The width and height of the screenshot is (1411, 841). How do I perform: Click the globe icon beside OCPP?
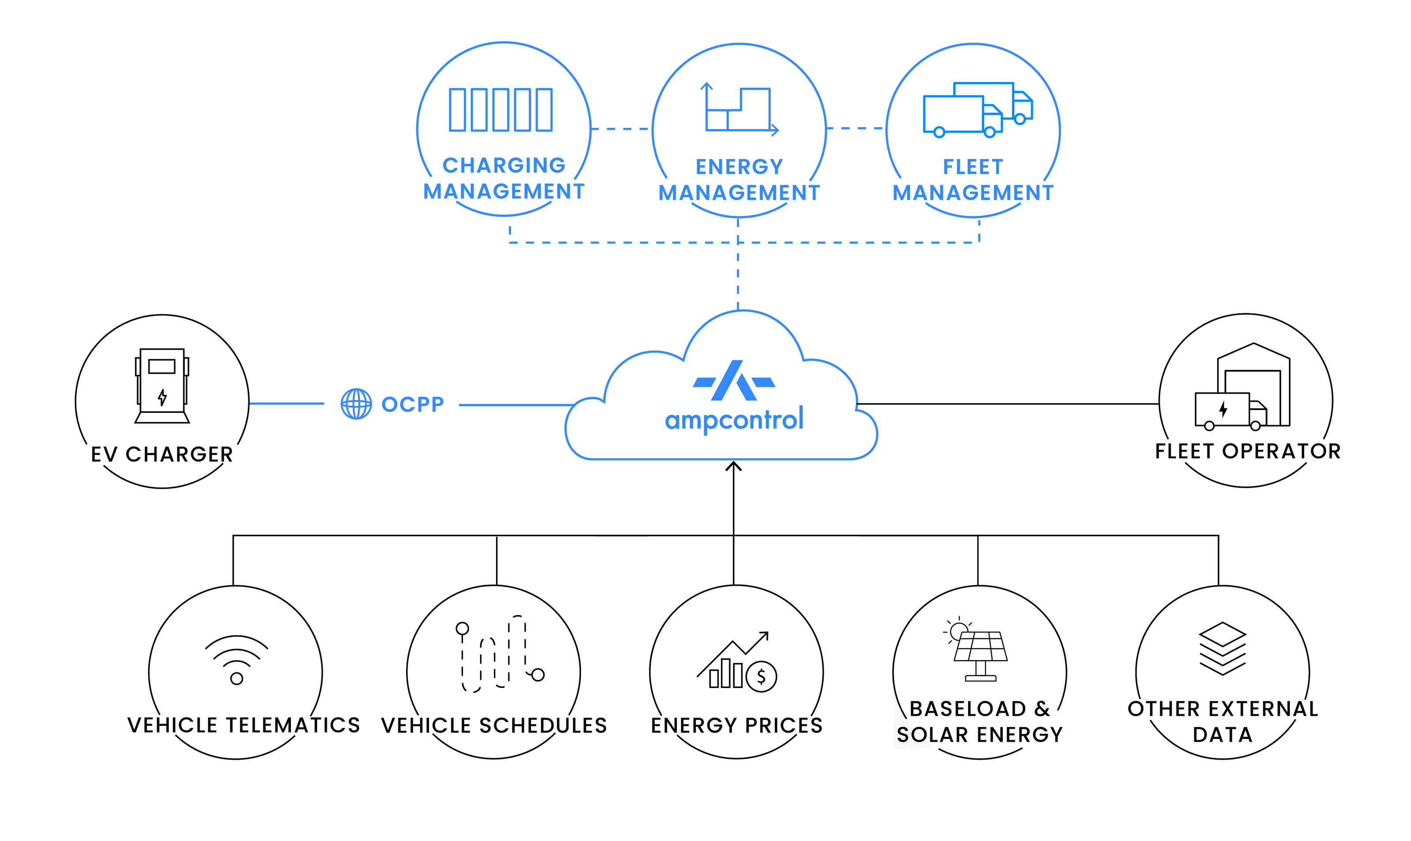coord(356,404)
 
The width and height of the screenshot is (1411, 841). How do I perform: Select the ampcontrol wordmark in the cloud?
coord(734,420)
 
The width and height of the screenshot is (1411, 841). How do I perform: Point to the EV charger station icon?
coord(162,386)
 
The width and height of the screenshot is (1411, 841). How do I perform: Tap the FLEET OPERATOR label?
coord(1248,451)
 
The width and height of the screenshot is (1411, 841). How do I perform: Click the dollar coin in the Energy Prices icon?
coord(761,676)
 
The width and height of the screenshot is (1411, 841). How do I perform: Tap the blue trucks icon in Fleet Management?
coord(978,110)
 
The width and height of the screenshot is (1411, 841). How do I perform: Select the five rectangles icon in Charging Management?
coord(501,109)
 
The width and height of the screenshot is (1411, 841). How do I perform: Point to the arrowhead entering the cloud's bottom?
coord(734,467)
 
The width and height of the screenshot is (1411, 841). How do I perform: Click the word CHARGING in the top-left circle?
coord(504,165)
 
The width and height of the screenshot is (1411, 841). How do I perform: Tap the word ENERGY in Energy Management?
coord(739,167)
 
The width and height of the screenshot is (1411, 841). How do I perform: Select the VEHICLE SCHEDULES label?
coord(494,725)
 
